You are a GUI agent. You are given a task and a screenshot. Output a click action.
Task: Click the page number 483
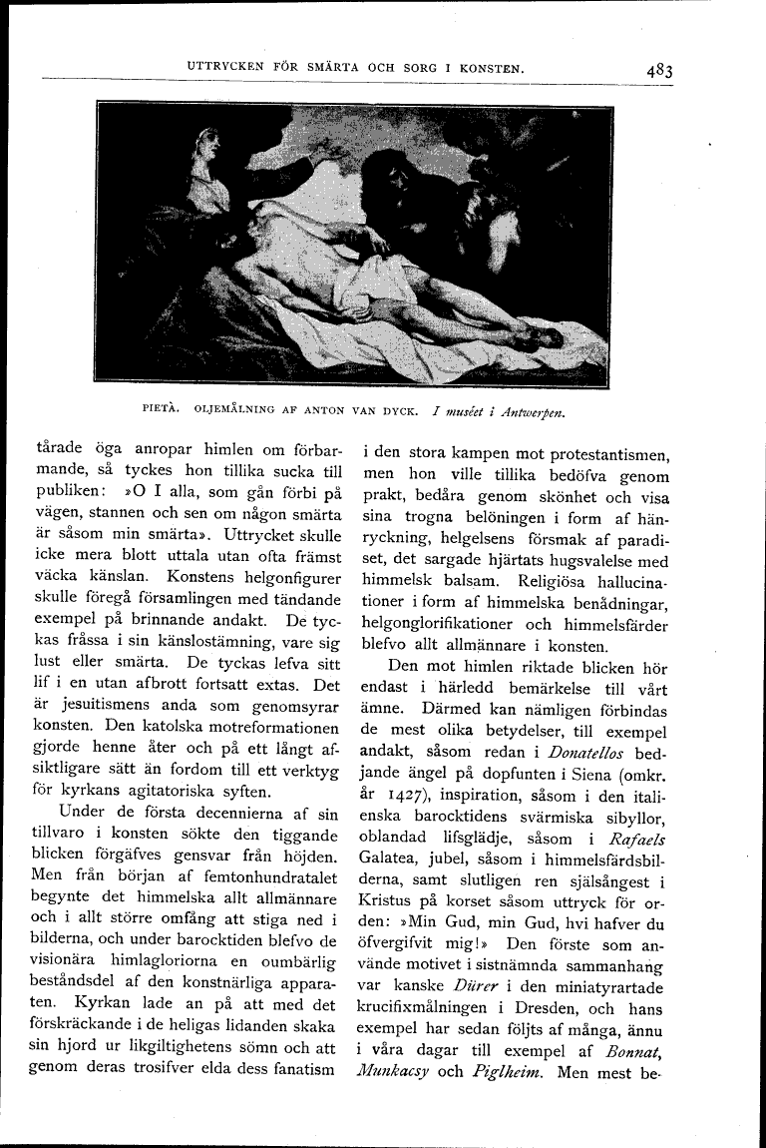pyautogui.click(x=658, y=71)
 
